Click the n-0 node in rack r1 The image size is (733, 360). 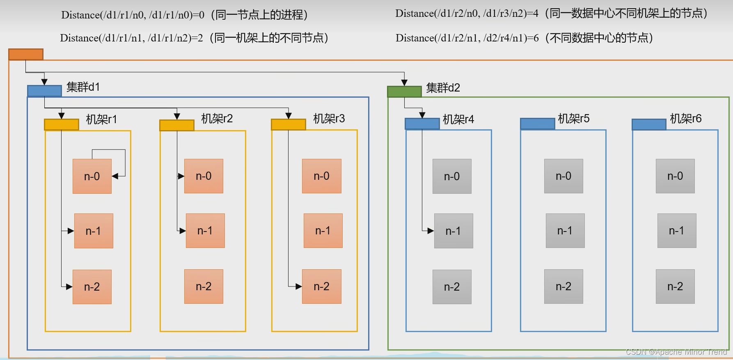pyautogui.click(x=92, y=176)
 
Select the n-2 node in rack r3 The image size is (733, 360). pyautogui.click(x=321, y=287)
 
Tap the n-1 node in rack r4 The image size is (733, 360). pyautogui.click(x=453, y=231)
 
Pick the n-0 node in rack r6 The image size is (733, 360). pyautogui.click(x=675, y=176)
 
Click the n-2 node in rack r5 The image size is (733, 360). pyautogui.click(x=563, y=287)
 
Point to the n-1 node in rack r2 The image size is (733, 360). pyautogui.click(x=205, y=231)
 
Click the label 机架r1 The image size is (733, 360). pyautogui.click(x=101, y=119)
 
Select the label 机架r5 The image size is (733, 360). pyautogui.click(x=573, y=119)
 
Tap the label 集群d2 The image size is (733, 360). pyautogui.click(x=443, y=87)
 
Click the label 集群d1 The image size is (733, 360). pyautogui.click(x=83, y=87)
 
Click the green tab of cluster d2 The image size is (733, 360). pyautogui.click(x=404, y=92)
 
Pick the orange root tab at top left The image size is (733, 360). pyautogui.click(x=26, y=54)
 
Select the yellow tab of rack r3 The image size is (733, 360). pyautogui.click(x=289, y=124)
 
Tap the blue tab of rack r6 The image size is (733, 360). pyautogui.click(x=649, y=124)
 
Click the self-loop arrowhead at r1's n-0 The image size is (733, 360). pyautogui.click(x=115, y=176)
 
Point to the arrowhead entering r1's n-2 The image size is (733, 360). pyautogui.click(x=69, y=287)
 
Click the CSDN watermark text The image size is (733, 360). pyautogui.click(x=676, y=352)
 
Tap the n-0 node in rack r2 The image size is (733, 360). pyautogui.click(x=204, y=176)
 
